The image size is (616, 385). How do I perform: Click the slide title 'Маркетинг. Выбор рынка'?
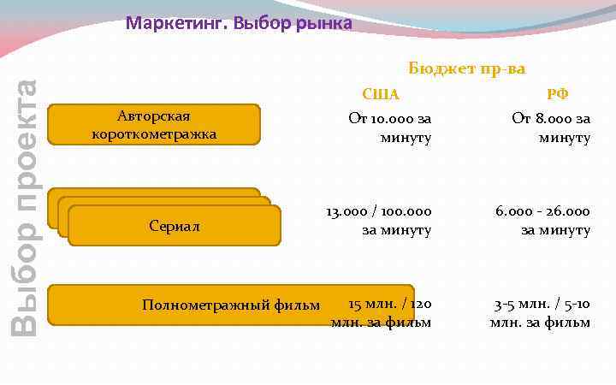point(239,23)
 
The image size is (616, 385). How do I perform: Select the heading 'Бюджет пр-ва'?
point(466,68)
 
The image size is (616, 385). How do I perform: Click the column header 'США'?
point(381,94)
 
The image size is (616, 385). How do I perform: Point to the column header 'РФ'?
point(558,94)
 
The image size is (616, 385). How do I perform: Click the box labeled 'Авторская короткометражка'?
point(154,125)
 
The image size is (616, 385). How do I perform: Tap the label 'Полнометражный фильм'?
point(231,305)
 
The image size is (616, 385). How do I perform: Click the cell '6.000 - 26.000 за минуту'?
point(542,221)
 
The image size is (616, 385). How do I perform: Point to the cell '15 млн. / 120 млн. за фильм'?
point(382,313)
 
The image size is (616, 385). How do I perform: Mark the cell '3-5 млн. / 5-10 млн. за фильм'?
point(541,313)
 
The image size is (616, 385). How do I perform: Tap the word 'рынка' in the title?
point(323,23)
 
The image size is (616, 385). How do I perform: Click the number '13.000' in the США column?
point(346,211)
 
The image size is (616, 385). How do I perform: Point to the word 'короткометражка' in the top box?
point(154,134)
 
